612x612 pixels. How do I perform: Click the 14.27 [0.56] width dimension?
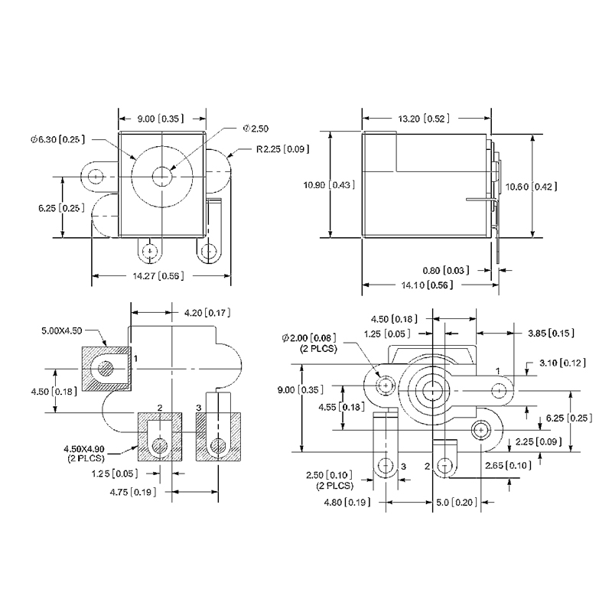(x=161, y=276)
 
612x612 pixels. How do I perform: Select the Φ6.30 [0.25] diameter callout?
(x=58, y=139)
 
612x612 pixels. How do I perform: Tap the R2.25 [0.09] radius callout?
(x=282, y=148)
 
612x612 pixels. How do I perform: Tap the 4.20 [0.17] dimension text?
(x=207, y=312)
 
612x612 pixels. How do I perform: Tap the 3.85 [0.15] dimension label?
(x=551, y=333)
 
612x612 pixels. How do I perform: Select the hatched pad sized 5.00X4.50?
(x=106, y=369)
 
